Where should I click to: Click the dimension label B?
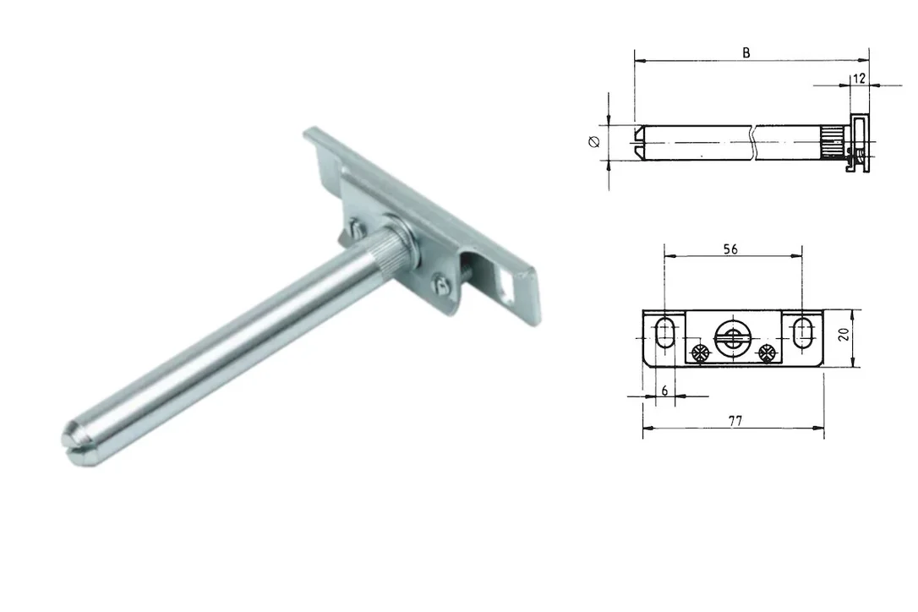pyautogui.click(x=746, y=52)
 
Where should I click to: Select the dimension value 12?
pyautogui.click(x=859, y=79)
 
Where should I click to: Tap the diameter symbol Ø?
pyautogui.click(x=594, y=142)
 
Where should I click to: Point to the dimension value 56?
pyautogui.click(x=730, y=249)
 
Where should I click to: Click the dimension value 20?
pyautogui.click(x=844, y=335)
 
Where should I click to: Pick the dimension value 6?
pyautogui.click(x=664, y=391)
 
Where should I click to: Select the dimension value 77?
pyautogui.click(x=735, y=420)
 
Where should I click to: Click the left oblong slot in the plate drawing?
pyautogui.click(x=664, y=333)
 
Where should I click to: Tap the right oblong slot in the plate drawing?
pyautogui.click(x=802, y=333)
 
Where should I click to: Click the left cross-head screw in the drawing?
pyautogui.click(x=700, y=353)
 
